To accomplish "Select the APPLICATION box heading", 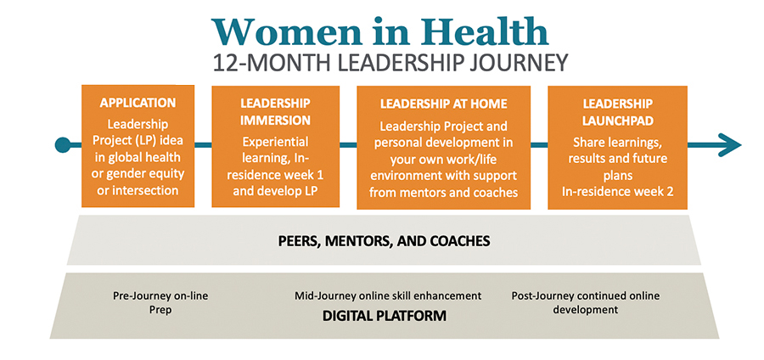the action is point(138,103).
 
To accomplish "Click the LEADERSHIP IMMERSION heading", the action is point(275,111).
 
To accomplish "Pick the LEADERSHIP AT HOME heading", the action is point(443,104).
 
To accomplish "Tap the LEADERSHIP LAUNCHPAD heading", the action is point(617,111).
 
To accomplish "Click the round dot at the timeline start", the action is point(62,144).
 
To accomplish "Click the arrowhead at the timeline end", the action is point(729,144).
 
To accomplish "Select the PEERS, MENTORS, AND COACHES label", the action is point(384,240).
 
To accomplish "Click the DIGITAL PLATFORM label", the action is point(385,316).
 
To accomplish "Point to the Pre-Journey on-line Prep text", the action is point(160,302).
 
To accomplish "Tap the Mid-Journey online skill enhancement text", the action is point(388,295).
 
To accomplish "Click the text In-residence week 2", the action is point(617,191).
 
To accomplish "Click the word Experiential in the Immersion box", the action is point(275,142).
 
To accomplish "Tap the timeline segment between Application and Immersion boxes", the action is point(203,144).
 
